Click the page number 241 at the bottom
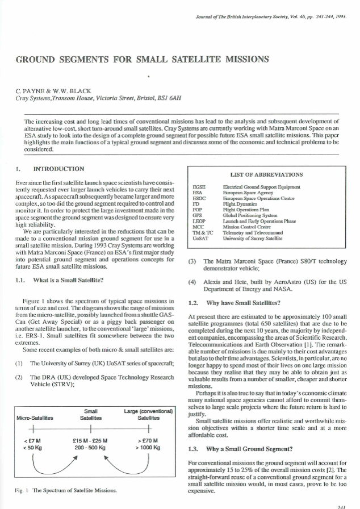pos(341,504)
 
